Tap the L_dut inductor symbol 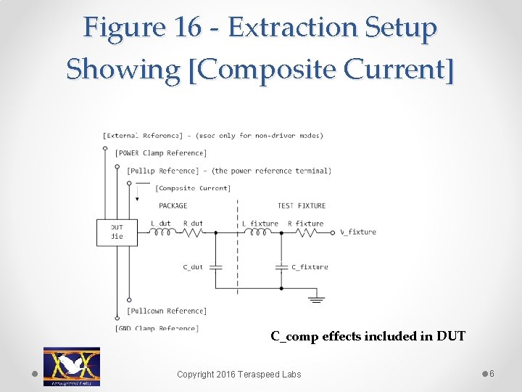click(x=162, y=233)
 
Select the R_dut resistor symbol click(x=194, y=233)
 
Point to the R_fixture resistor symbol click(x=305, y=233)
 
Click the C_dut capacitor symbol click(x=215, y=266)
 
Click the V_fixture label click(x=358, y=232)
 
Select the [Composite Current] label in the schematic click(x=194, y=189)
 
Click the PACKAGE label click(x=173, y=206)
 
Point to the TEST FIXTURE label click(x=302, y=206)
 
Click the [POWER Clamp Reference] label click(x=161, y=153)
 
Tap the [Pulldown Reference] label click(x=167, y=311)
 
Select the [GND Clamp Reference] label click(x=157, y=328)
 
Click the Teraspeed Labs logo click(x=72, y=366)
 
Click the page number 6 click(x=492, y=373)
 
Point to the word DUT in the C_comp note click(x=450, y=336)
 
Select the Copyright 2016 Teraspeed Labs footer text click(x=239, y=374)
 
